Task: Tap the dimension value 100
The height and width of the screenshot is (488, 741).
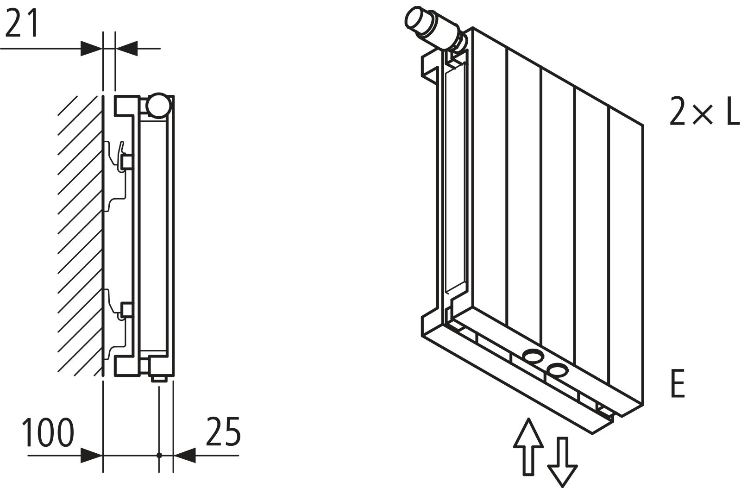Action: tap(48, 433)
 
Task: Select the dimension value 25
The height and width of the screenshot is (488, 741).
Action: tap(223, 432)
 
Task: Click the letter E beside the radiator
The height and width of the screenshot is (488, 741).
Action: tap(677, 383)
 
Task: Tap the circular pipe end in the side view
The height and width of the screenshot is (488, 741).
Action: tap(158, 105)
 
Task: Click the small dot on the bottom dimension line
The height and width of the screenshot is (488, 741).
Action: tap(159, 455)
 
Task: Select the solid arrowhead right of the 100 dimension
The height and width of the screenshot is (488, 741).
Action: tap(91, 455)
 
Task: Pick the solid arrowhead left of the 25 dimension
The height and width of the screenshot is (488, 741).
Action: tap(184, 455)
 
